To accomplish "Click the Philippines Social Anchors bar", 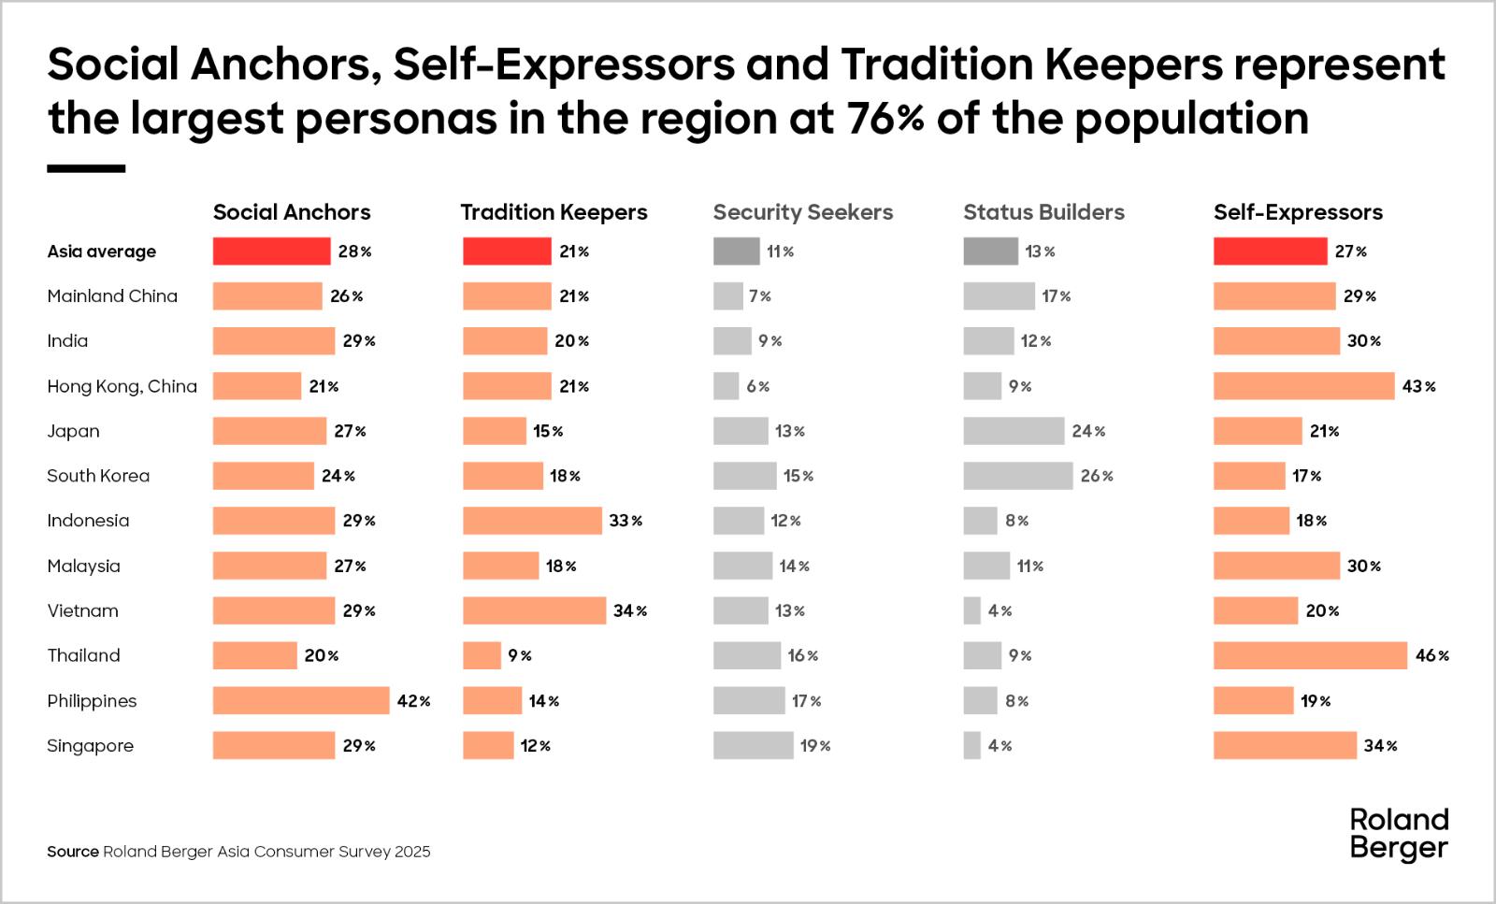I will pyautogui.click(x=300, y=700).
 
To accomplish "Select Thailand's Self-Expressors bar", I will pyautogui.click(x=1310, y=655).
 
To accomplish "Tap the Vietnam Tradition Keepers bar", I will pyautogui.click(x=534, y=610).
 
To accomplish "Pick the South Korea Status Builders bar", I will pyautogui.click(x=1018, y=476).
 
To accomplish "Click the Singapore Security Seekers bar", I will pyautogui.click(x=753, y=745).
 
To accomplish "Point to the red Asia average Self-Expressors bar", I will pyautogui.click(x=1270, y=251).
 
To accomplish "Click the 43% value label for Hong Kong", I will pyautogui.click(x=1418, y=386).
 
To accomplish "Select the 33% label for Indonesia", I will pyautogui.click(x=626, y=521).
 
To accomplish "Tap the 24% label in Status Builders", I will pyautogui.click(x=1088, y=431).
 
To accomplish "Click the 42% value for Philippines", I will pyautogui.click(x=413, y=701).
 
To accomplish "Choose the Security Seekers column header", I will pyautogui.click(x=802, y=212).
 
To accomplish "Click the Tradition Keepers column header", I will pyautogui.click(x=554, y=212).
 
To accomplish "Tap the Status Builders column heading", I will pyautogui.click(x=1043, y=212).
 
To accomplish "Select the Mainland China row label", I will pyautogui.click(x=112, y=296).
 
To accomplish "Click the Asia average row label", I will pyautogui.click(x=102, y=251).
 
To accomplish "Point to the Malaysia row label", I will pyautogui.click(x=83, y=566).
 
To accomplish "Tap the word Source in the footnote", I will pyautogui.click(x=73, y=852).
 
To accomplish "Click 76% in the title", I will pyautogui.click(x=885, y=119).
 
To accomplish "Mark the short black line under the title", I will pyautogui.click(x=86, y=169).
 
